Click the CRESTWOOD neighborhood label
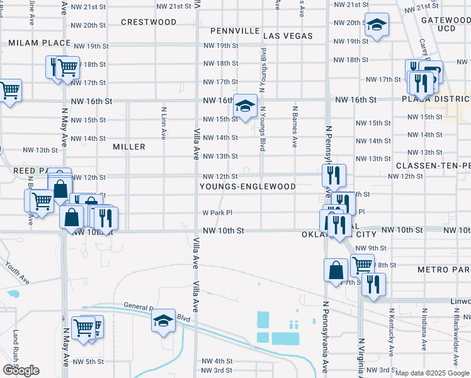(149, 22)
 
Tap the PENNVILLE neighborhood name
(235, 30)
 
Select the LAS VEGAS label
(288, 36)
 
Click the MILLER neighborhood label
(129, 147)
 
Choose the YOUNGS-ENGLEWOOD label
(247, 187)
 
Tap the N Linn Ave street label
(163, 122)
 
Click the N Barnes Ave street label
(295, 126)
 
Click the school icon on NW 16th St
(244, 106)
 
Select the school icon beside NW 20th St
(377, 26)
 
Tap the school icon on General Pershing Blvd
(163, 321)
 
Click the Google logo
(21, 370)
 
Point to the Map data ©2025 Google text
(431, 373)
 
